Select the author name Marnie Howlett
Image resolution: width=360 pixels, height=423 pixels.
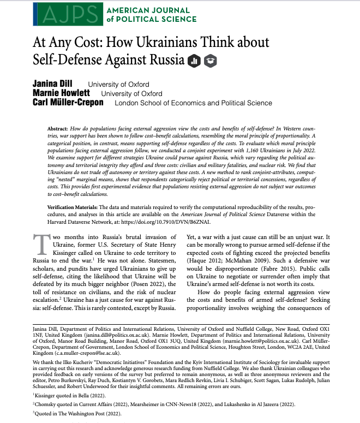click(x=61, y=93)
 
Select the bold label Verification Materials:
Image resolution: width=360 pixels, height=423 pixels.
click(x=77, y=208)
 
